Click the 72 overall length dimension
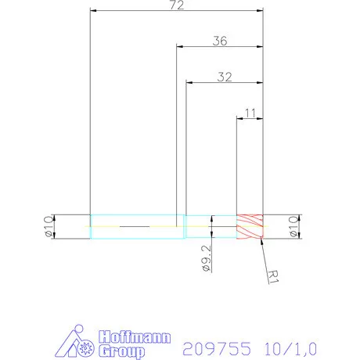[x=177, y=5]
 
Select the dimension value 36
[x=220, y=41]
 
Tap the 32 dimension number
[x=225, y=77]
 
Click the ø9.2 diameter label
[x=205, y=259]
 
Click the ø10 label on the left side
[x=48, y=226]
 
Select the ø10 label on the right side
[x=293, y=226]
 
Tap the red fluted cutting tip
[x=250, y=226]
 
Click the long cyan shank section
[x=137, y=226]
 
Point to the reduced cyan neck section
[x=210, y=226]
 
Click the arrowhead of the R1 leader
[x=263, y=239]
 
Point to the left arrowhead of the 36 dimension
[x=178, y=48]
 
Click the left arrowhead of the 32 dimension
[x=188, y=83]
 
